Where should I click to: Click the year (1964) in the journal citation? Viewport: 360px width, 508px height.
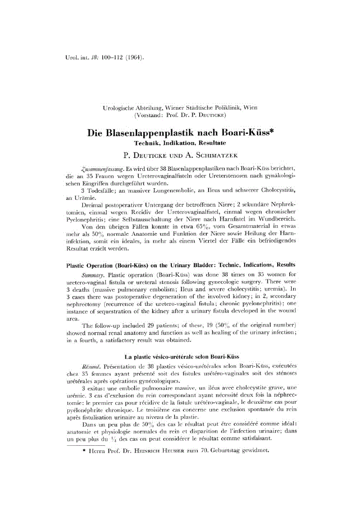tap(130, 57)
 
